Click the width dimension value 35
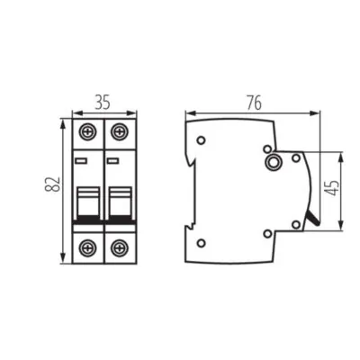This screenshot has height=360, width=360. coord(103,101)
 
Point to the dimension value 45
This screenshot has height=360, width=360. coord(335,190)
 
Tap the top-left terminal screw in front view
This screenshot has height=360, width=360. coord(88,130)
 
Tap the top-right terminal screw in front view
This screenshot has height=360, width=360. coord(119,130)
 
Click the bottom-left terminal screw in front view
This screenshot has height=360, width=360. coord(88,247)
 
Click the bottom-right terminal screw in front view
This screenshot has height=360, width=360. coord(119,247)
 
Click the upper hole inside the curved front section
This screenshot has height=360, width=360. coord(296,158)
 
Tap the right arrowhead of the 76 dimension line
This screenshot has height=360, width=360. coord(318,113)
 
